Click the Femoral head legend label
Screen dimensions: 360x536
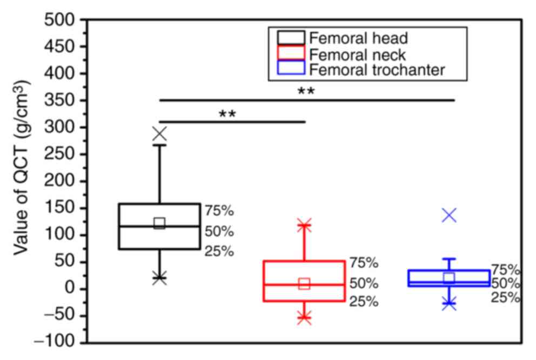coord(358,38)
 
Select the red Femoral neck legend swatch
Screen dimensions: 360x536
coord(291,54)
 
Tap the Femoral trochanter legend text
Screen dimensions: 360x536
coord(378,70)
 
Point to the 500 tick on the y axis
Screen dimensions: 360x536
coord(59,20)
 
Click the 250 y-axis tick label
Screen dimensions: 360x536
coord(59,155)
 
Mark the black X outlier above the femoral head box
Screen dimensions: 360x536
coord(159,134)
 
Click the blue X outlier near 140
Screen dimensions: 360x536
coord(449,215)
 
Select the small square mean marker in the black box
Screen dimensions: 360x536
coord(159,223)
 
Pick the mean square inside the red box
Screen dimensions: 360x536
coord(304,284)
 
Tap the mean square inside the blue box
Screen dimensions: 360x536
coord(449,278)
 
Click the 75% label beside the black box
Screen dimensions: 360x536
coord(219,211)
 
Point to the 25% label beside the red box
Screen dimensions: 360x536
coord(364,302)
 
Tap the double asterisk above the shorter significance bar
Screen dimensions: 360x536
coord(227,115)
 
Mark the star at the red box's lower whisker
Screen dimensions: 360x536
coord(304,318)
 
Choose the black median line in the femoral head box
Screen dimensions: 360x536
coord(135,226)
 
